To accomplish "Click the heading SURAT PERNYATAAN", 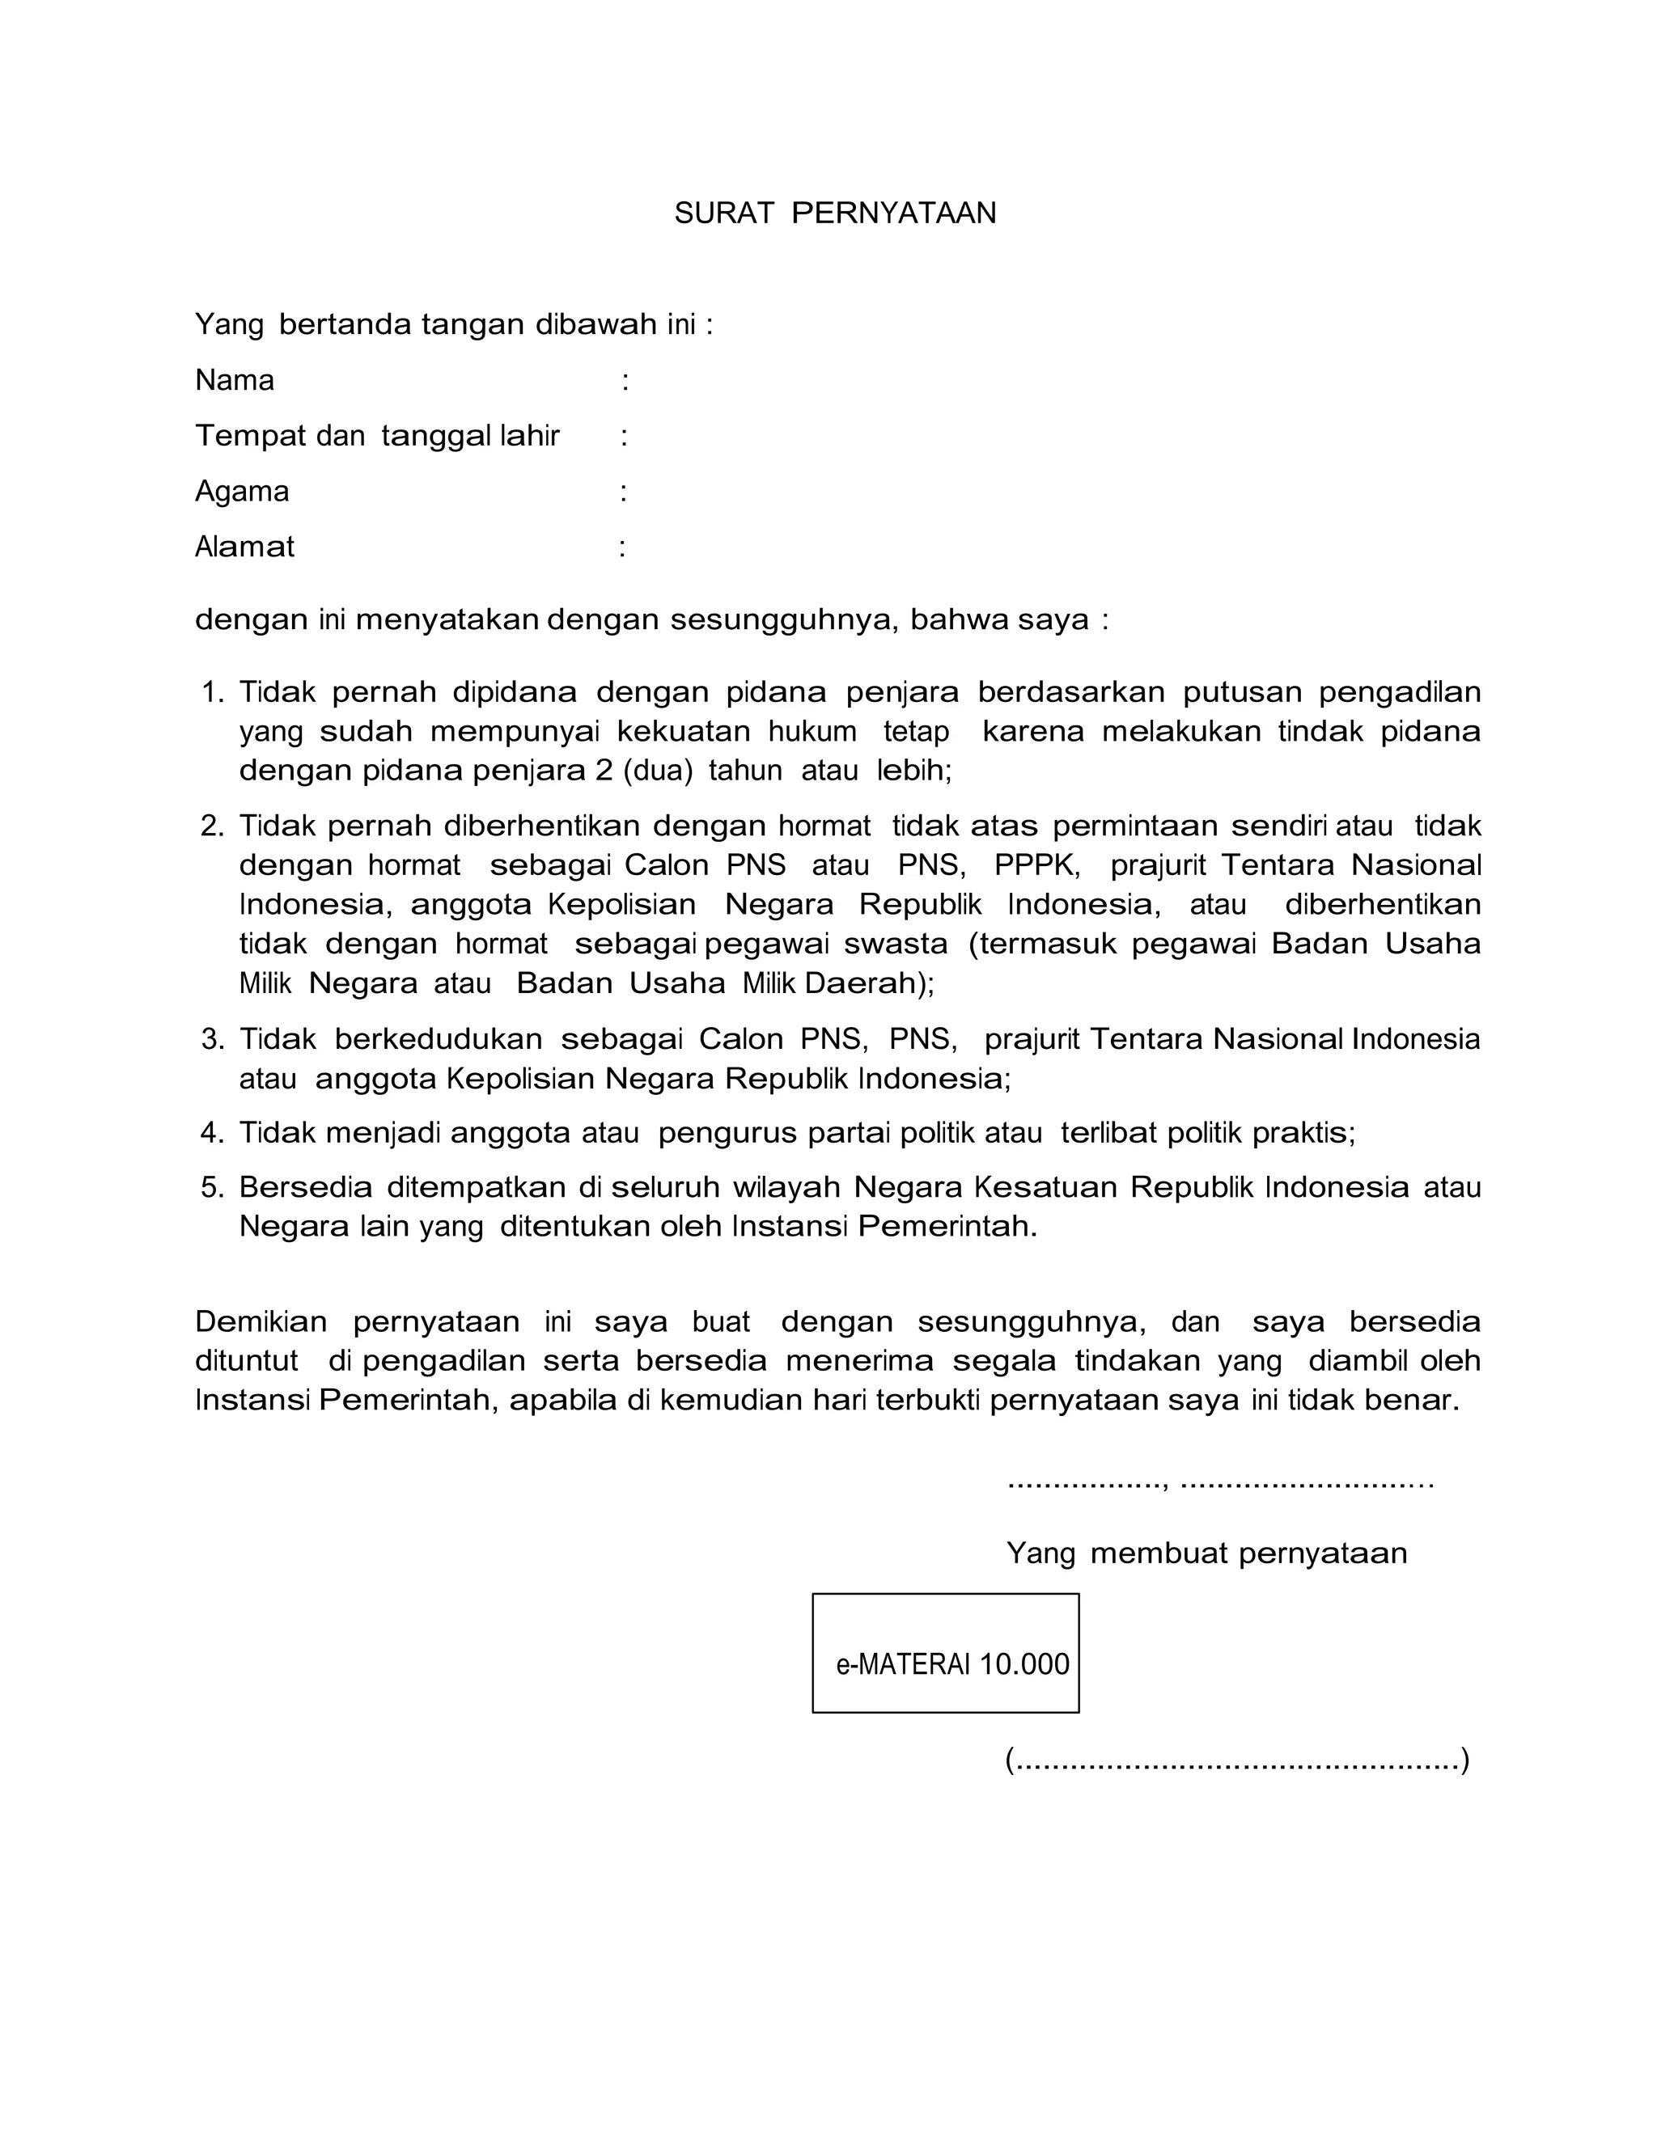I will click(834, 214).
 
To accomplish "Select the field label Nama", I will click(235, 381).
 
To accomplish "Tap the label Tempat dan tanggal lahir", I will click(377, 436).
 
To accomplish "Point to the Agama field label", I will click(241, 492).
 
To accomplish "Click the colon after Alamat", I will click(622, 547).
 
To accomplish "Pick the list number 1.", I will click(211, 693).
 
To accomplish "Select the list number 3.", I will click(211, 1039).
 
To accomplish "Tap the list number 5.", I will click(211, 1188).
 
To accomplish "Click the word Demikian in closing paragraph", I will click(261, 1321).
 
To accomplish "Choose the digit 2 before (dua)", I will click(604, 771).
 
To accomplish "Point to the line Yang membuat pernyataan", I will click(1206, 1553).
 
